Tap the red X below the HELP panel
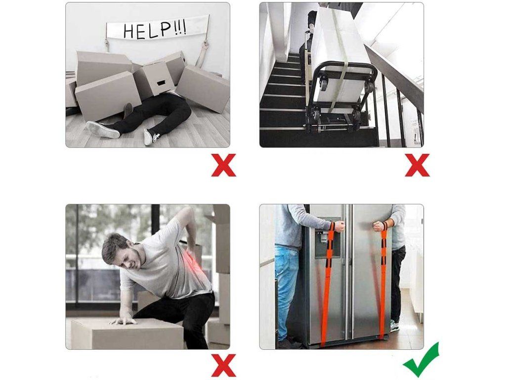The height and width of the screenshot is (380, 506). point(224,165)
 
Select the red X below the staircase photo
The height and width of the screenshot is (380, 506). point(417,165)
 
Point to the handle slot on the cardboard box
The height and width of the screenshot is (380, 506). point(161,84)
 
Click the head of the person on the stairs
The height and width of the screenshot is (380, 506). point(311,20)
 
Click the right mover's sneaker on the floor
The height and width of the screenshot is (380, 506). point(394,327)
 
